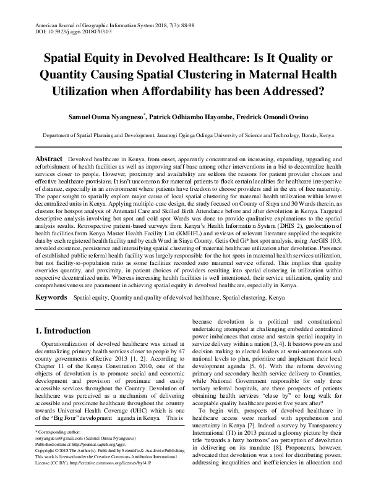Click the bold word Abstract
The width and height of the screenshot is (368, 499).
(48, 159)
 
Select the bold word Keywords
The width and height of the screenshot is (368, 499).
(51, 297)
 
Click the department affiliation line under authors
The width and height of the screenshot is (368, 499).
(184, 133)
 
